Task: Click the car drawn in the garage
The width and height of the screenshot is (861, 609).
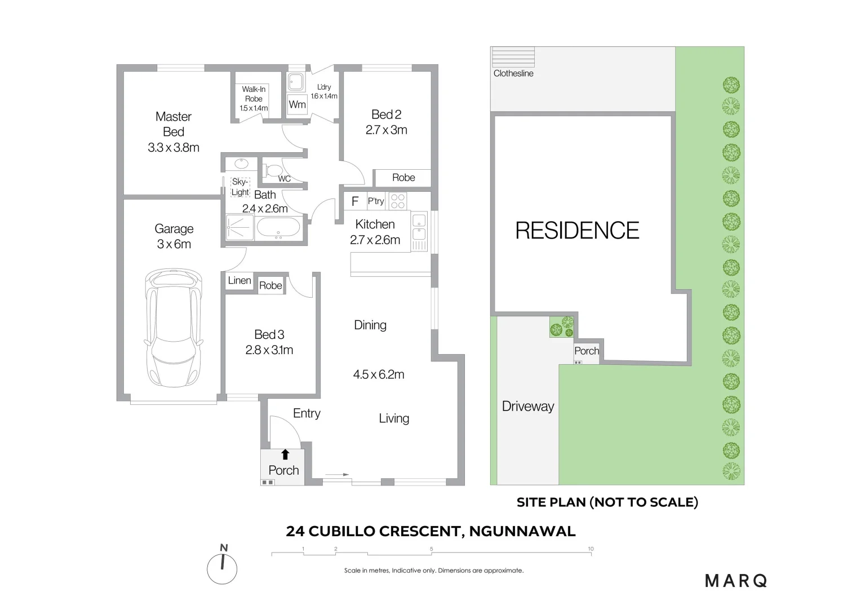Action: (174, 328)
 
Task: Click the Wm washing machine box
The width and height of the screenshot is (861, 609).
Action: (297, 104)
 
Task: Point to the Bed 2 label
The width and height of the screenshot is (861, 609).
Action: (386, 114)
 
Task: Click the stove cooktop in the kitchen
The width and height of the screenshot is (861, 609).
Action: (398, 201)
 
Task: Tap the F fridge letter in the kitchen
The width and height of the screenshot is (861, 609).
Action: (355, 201)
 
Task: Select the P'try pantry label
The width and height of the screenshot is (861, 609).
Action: (376, 201)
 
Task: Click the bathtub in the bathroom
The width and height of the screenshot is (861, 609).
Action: (279, 229)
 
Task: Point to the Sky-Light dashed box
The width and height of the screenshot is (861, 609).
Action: (240, 187)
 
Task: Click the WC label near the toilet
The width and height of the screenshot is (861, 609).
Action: (285, 179)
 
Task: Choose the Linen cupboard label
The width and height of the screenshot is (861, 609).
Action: (239, 280)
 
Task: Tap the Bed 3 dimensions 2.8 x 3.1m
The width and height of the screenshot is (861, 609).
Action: (269, 350)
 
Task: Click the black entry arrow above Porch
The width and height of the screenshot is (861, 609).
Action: (285, 454)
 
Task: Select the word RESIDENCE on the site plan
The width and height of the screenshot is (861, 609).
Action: (577, 231)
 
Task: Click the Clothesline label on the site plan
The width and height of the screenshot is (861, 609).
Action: (513, 73)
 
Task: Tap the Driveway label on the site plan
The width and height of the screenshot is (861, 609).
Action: (528, 406)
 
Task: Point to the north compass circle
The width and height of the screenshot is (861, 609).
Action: (223, 569)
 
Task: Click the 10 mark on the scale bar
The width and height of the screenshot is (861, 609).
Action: (591, 549)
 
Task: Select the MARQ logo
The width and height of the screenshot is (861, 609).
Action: (736, 580)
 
